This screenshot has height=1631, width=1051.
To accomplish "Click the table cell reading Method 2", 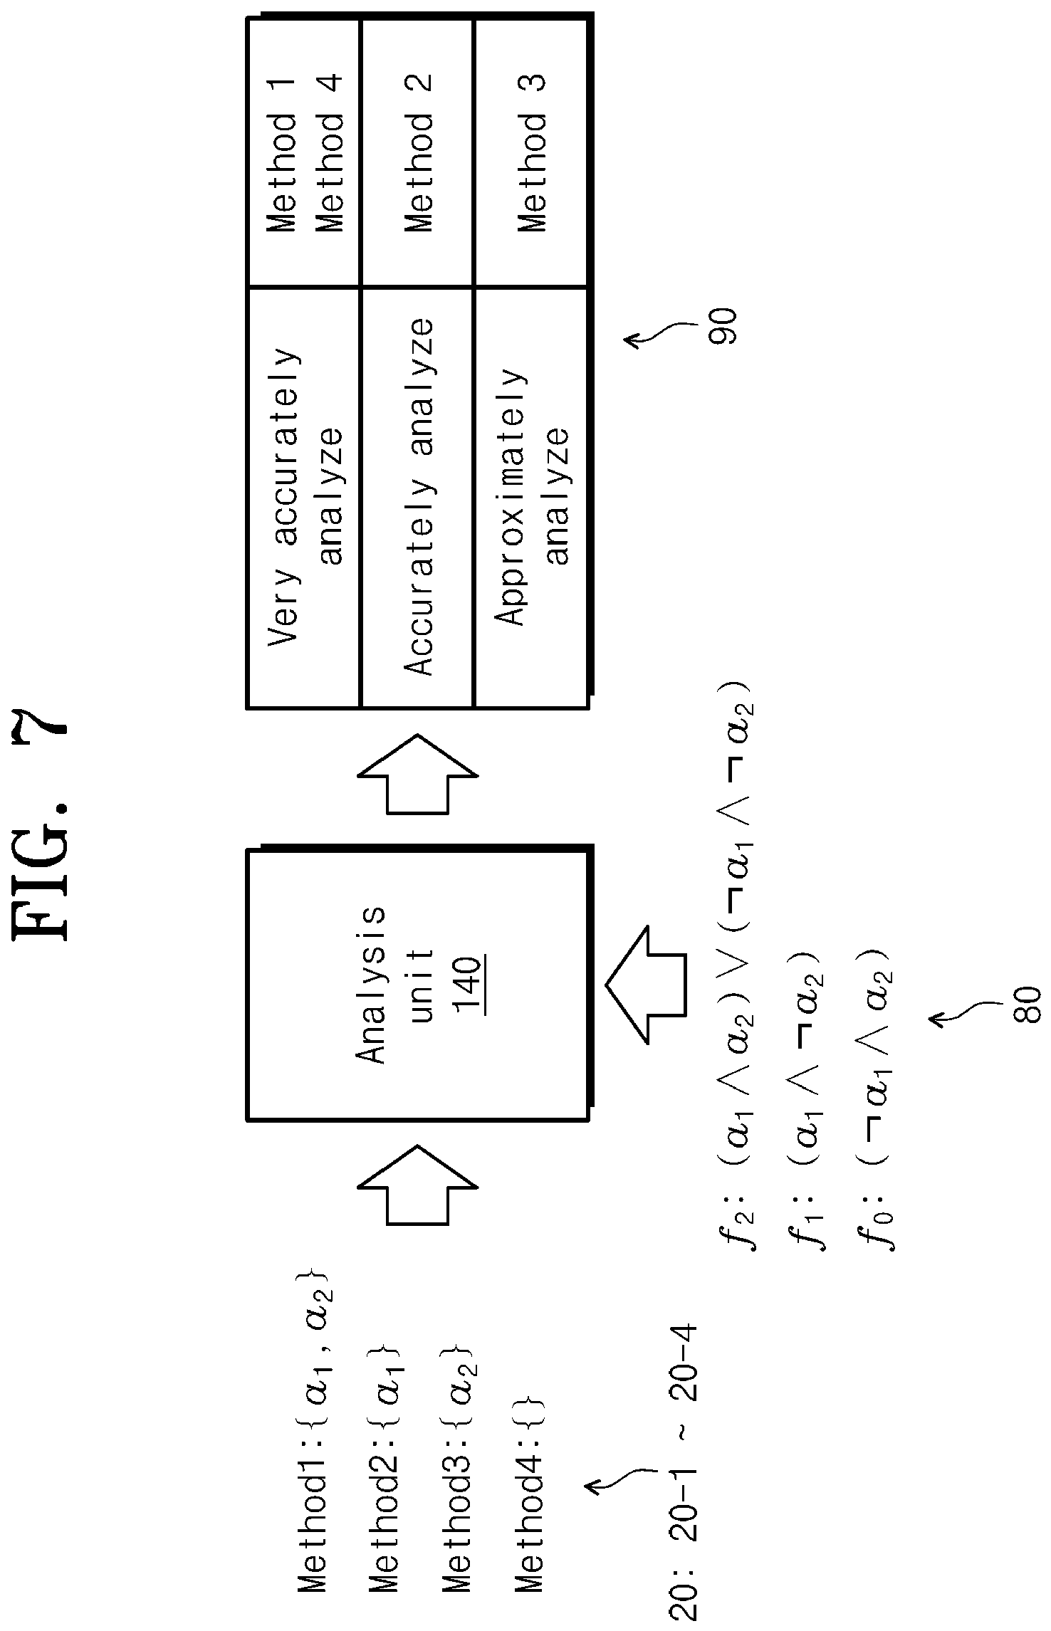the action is click(417, 152).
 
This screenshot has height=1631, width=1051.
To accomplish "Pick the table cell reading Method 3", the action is click(531, 152).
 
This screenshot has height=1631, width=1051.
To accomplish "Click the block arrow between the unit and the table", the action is click(417, 774).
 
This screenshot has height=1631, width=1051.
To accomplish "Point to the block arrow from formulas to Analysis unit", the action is click(646, 985).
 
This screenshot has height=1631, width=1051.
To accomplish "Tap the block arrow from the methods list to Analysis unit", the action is click(417, 1185).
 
